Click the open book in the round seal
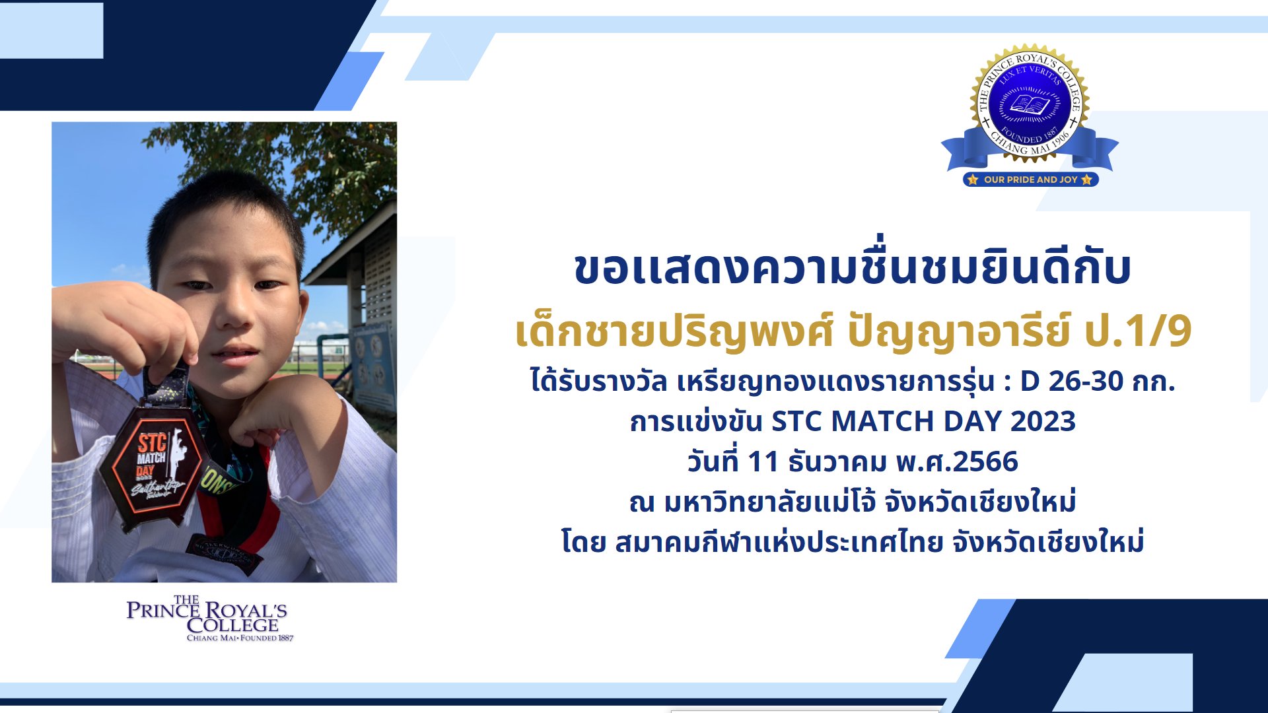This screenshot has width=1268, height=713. [1030, 105]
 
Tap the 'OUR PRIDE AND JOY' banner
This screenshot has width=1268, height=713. [1030, 180]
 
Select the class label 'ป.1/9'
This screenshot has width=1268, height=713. [1138, 331]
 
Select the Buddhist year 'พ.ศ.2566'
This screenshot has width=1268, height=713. [957, 461]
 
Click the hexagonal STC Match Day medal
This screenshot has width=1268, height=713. [154, 469]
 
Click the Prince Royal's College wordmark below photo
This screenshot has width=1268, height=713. [208, 619]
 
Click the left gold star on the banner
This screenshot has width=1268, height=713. [973, 180]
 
